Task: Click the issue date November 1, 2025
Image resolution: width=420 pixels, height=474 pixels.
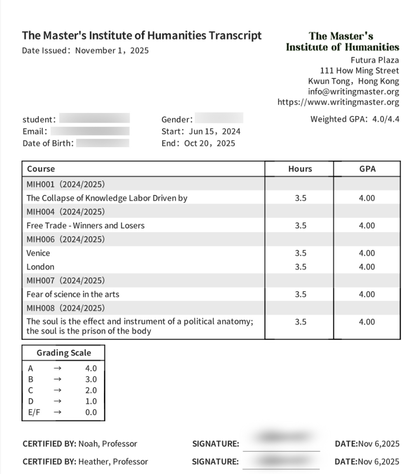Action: [x=112, y=51]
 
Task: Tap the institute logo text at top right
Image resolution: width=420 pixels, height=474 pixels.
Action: [x=342, y=42]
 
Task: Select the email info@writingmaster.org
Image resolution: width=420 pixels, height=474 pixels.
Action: [x=353, y=92]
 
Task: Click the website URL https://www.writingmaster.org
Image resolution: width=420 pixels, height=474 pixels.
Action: [x=338, y=102]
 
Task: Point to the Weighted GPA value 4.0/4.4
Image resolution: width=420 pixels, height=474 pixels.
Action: [x=385, y=119]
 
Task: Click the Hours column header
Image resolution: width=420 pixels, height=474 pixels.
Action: [x=300, y=169]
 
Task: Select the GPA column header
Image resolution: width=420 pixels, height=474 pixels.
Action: [x=367, y=169]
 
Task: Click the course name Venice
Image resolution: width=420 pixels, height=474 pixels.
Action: [x=38, y=253]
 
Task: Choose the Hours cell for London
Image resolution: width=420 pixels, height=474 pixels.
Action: [x=300, y=267]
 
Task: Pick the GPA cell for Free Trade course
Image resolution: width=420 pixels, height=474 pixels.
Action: [x=367, y=226]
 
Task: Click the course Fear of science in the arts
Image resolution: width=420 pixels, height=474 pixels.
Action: [x=73, y=295]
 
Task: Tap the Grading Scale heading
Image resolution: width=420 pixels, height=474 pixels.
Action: [x=64, y=353]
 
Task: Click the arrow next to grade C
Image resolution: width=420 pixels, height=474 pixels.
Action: [x=58, y=390]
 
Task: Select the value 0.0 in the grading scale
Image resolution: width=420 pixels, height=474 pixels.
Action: [x=91, y=412]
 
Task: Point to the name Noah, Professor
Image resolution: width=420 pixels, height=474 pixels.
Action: [x=108, y=444]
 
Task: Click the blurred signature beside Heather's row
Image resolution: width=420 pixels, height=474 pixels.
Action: [x=281, y=461]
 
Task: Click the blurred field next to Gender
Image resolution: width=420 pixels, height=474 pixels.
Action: [x=219, y=118]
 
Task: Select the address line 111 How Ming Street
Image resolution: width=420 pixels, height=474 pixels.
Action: [x=359, y=71]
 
